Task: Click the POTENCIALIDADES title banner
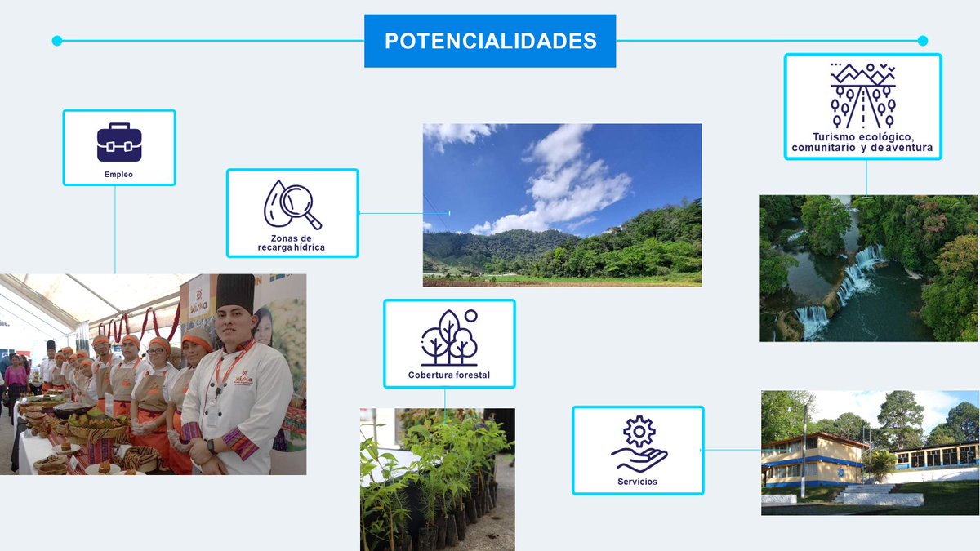pyautogui.click(x=490, y=41)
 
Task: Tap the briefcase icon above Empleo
pyautogui.click(x=119, y=142)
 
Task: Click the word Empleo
pyautogui.click(x=118, y=174)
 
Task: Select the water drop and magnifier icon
pyautogui.click(x=292, y=204)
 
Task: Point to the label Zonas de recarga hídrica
pyautogui.click(x=292, y=242)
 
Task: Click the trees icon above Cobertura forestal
pyautogui.click(x=448, y=337)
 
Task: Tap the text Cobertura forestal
pyautogui.click(x=449, y=375)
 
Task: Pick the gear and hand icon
pyautogui.click(x=639, y=444)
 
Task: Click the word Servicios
pyautogui.click(x=637, y=482)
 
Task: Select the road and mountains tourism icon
pyautogui.click(x=862, y=95)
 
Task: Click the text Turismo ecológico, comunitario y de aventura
pyautogui.click(x=862, y=143)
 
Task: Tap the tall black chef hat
pyautogui.click(x=236, y=292)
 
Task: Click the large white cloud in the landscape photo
pyautogui.click(x=572, y=176)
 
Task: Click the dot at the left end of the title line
pyautogui.click(x=56, y=41)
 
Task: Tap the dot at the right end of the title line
pyautogui.click(x=923, y=41)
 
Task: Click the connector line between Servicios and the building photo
pyautogui.click(x=732, y=450)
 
